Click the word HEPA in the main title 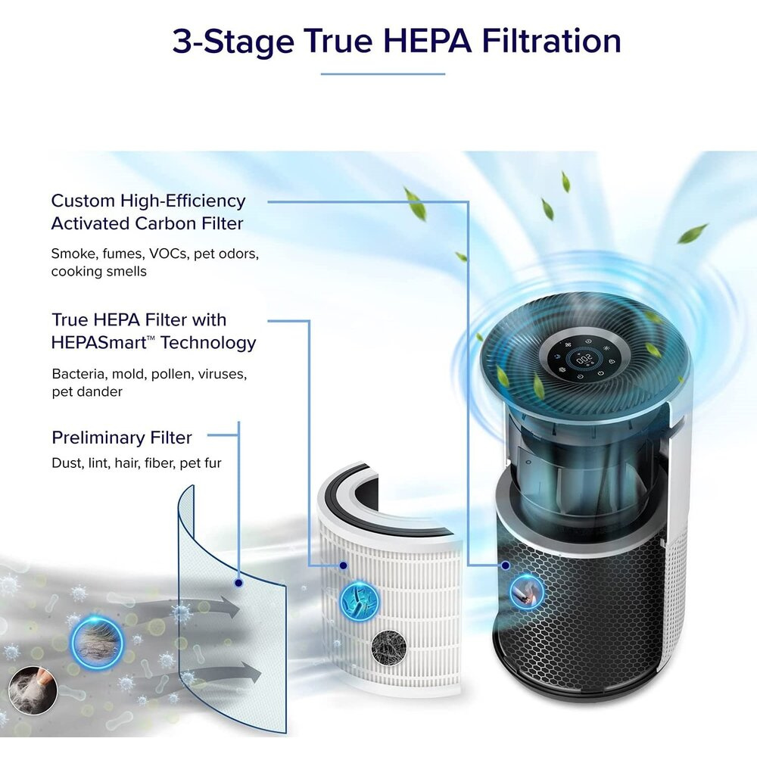pos(427,41)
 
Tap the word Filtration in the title pos(551,41)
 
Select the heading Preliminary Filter pos(122,438)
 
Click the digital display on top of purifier pos(584,359)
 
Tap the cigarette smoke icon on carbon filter pos(527,592)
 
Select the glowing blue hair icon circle pos(97,642)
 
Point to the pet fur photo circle pos(33,690)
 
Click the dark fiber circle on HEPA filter pos(388,648)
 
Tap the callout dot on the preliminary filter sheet pos(238,583)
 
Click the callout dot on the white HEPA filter pos(343,565)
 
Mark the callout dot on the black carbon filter pos(506,565)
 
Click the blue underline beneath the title pos(383,74)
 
